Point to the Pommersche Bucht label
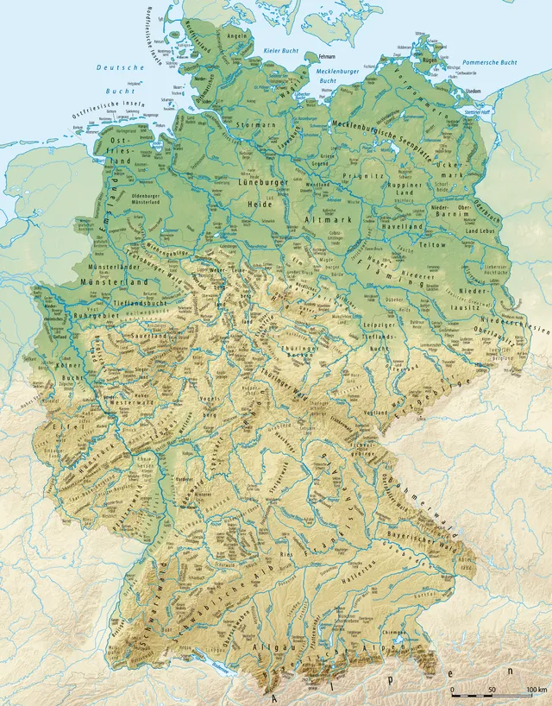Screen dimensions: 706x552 tap(490, 62)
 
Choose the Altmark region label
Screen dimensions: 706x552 tap(323, 221)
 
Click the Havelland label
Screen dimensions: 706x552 tap(405, 227)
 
